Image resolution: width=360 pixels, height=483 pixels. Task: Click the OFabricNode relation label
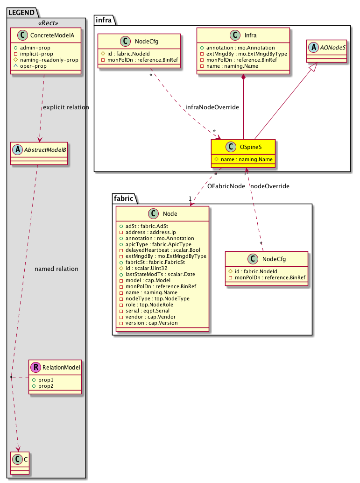tap(226, 186)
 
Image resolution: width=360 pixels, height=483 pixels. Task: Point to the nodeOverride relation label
tap(270, 186)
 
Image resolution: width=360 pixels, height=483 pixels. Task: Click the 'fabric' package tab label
tap(123, 199)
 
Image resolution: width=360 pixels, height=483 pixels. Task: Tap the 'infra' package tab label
tap(103, 19)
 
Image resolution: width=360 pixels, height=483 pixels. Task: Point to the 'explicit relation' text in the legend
tap(65, 107)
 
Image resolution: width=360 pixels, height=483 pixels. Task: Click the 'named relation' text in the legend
tap(56, 269)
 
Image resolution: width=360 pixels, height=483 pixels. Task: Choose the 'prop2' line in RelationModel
tap(42, 386)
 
